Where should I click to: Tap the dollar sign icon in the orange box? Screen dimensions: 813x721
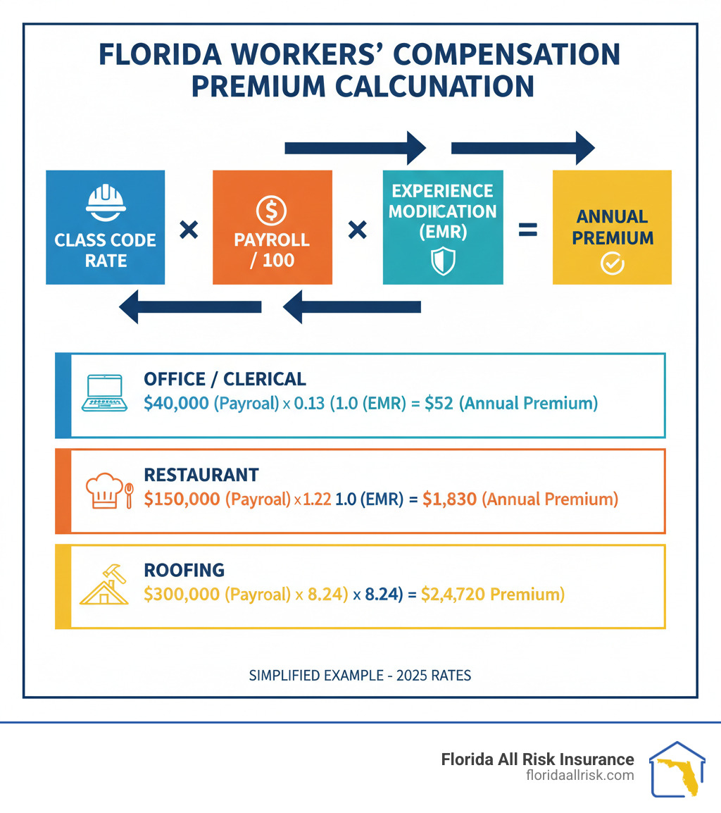[x=271, y=209]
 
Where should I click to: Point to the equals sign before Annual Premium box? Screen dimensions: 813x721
[x=527, y=230]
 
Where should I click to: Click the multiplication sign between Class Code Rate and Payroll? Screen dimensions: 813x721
[x=188, y=230]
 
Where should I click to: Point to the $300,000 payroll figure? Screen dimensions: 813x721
[x=182, y=595]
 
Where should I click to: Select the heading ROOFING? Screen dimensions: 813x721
[x=184, y=569]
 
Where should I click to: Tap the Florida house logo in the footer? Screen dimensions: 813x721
[x=676, y=769]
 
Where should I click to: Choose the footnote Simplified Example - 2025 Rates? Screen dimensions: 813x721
[x=360, y=675]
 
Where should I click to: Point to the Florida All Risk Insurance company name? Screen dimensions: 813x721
[x=537, y=759]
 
